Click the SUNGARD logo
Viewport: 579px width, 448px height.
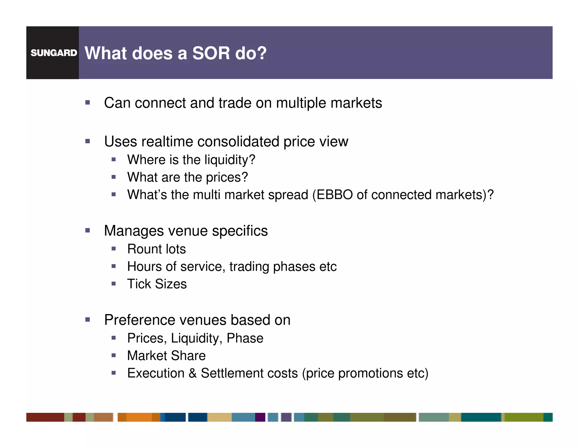(x=54, y=53)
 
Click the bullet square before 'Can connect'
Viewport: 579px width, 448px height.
(x=88, y=103)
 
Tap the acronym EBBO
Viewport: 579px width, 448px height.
(x=334, y=195)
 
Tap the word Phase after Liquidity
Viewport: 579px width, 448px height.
(x=245, y=338)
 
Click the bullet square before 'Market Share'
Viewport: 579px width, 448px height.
(x=114, y=355)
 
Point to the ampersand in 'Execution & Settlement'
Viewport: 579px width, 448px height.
(x=193, y=373)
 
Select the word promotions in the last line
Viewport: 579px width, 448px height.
(x=370, y=373)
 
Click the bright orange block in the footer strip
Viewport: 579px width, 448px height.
(x=139, y=417)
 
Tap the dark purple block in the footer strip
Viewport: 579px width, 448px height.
(x=260, y=417)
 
